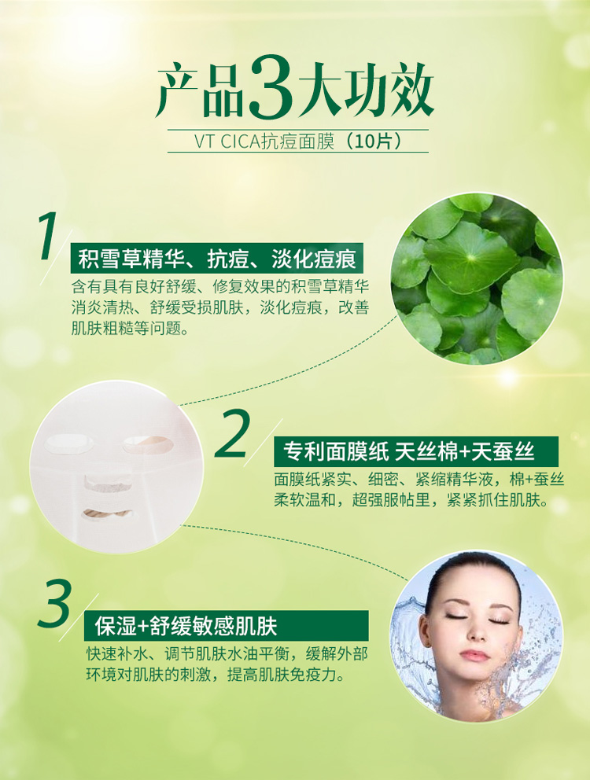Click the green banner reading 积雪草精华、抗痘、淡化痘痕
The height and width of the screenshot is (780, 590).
217,258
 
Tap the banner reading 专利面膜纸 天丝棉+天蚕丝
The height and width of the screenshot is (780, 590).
415,451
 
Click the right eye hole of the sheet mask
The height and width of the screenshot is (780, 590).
148,443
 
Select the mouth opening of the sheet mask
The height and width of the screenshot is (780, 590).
107,514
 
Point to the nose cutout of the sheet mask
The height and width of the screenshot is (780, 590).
108,483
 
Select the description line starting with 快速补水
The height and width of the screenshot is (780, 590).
227,653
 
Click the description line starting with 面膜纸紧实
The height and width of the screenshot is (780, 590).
419,479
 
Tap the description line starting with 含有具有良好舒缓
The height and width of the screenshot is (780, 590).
220,287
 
